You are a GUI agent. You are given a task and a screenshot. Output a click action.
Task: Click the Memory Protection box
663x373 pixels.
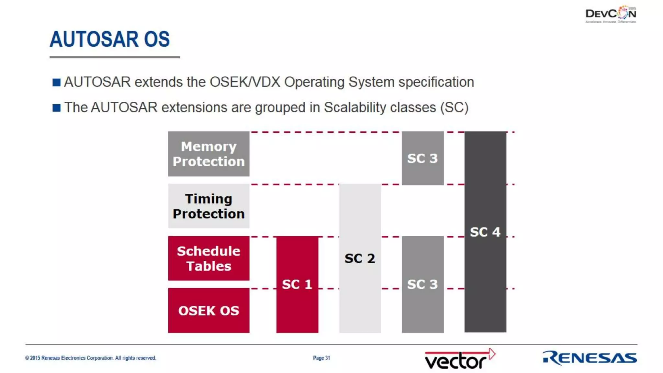[x=208, y=154]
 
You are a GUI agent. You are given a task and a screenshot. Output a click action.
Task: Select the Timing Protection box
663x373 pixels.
[x=208, y=206]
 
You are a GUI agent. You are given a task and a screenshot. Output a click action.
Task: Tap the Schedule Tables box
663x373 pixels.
[x=208, y=258]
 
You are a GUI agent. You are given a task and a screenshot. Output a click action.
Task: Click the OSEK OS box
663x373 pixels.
[x=208, y=310]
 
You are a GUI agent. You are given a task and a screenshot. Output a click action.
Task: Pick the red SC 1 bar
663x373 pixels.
[x=297, y=284]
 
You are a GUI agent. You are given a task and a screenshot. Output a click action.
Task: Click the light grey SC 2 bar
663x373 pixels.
[x=360, y=258]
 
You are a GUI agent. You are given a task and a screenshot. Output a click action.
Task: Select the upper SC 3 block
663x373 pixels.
[x=422, y=158]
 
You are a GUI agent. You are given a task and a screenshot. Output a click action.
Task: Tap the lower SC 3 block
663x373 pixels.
[x=422, y=284]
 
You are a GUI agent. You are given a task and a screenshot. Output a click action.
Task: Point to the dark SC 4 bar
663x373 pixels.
[x=485, y=232]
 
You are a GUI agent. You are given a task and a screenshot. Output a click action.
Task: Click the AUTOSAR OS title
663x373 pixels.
[x=109, y=39]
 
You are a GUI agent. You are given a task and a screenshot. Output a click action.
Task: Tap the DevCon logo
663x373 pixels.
[x=611, y=14]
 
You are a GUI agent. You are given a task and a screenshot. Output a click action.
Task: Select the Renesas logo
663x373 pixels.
[x=590, y=358]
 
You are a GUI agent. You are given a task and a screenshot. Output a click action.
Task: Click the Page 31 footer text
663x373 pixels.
[x=321, y=358]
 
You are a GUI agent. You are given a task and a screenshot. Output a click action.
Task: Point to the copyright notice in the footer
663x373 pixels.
[x=90, y=358]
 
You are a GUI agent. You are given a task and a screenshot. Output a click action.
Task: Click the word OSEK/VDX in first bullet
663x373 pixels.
[x=245, y=82]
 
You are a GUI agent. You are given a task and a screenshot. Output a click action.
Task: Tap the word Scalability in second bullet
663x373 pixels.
[x=355, y=107]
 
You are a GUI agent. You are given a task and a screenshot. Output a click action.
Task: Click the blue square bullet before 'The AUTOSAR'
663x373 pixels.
[x=56, y=107]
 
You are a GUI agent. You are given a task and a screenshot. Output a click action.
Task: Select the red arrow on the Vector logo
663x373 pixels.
[x=491, y=354]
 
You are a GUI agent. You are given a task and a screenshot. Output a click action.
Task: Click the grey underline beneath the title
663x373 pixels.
[x=115, y=57]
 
